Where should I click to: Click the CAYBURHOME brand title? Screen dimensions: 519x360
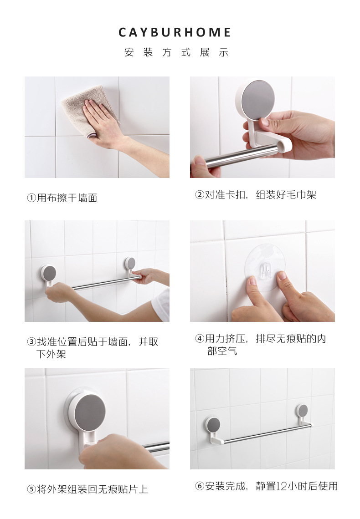click(175, 32)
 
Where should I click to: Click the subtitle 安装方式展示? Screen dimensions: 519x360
click(176, 52)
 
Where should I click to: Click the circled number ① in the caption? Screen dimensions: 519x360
click(31, 198)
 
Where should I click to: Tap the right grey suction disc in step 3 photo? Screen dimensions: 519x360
click(130, 263)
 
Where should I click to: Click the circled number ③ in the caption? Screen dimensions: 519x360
click(31, 342)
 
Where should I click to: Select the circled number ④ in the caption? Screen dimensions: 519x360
click(199, 339)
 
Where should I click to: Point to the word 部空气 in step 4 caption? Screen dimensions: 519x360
click(222, 351)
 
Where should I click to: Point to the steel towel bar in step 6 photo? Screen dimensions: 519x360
click(264, 434)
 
